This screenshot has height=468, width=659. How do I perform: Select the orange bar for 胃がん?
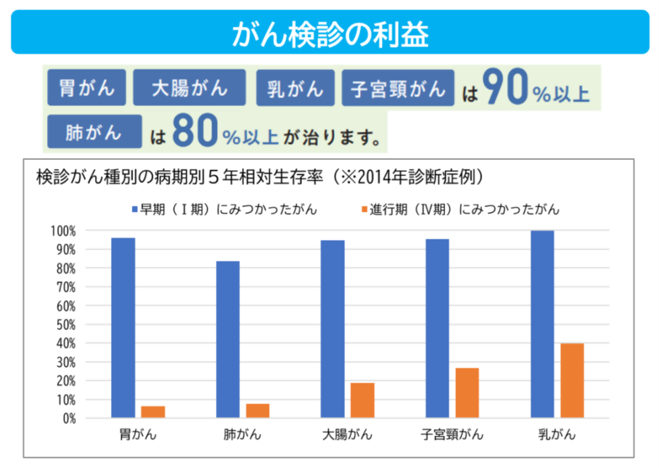153,412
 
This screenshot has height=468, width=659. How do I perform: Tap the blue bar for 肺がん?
228,339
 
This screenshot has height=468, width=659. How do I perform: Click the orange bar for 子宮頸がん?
467,393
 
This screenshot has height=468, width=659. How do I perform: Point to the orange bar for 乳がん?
572,381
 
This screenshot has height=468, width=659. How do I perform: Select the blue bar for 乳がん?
542,324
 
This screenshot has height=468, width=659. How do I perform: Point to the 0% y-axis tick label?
68,418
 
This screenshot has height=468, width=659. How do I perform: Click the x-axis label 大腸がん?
347,434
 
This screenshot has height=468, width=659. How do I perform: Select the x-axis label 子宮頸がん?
452,434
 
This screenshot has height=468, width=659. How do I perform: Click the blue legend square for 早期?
134,209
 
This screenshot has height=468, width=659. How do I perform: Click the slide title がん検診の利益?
329,34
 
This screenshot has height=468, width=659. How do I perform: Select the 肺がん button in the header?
94,131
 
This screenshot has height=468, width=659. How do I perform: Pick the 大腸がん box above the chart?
190,88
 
